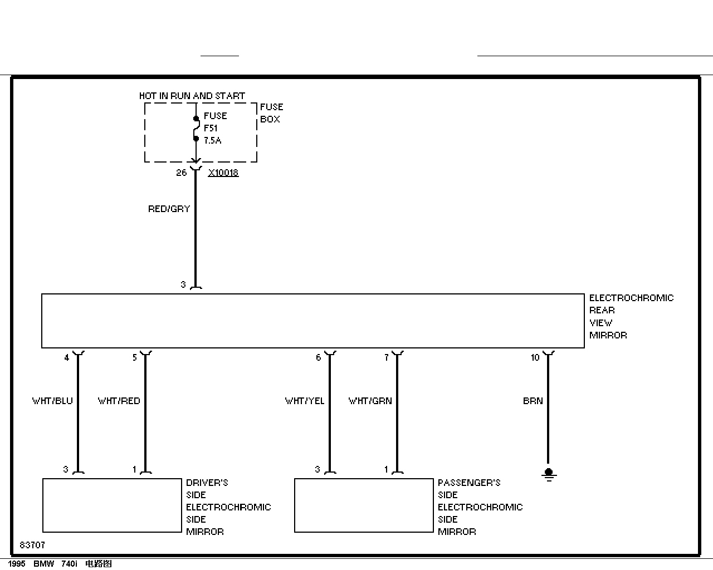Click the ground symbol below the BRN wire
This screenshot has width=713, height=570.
[x=549, y=475]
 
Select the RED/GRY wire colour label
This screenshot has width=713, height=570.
[x=169, y=209]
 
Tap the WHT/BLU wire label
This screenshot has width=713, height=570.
[x=52, y=401]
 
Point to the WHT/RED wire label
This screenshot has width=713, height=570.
[x=119, y=401]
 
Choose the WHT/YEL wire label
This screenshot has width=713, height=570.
[x=305, y=401]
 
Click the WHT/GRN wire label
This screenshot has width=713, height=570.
[x=370, y=401]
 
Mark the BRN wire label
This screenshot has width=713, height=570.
[x=533, y=401]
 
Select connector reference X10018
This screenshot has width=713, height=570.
[x=223, y=173]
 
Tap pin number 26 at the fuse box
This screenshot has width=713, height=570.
[x=181, y=173]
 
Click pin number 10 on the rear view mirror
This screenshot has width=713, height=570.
[x=535, y=357]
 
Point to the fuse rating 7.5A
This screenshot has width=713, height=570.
[x=212, y=140]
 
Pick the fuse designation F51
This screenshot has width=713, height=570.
[x=211, y=128]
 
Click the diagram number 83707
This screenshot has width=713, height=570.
[x=32, y=545]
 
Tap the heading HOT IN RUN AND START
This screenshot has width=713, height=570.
[x=192, y=96]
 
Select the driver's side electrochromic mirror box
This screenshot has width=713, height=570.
[x=112, y=505]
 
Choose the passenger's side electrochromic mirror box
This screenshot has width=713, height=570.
[x=364, y=505]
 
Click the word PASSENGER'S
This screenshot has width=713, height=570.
[x=469, y=483]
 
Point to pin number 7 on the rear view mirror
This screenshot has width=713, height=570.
[x=387, y=358]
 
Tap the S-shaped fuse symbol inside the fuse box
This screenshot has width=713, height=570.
[x=196, y=129]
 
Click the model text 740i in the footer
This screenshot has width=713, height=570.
[x=69, y=564]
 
